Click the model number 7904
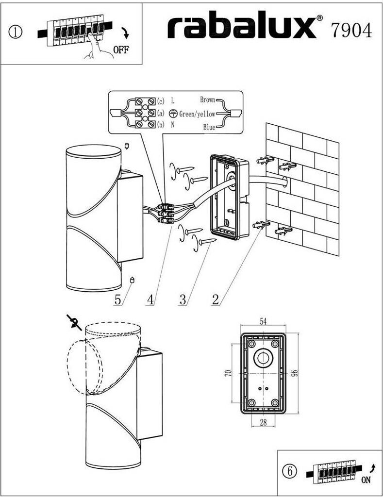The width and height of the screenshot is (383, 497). (x=352, y=30)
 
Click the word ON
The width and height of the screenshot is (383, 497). (x=366, y=480)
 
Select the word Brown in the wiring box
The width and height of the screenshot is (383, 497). (x=208, y=100)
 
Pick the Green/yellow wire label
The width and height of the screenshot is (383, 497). (x=197, y=114)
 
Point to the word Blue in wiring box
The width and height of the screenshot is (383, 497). (x=209, y=128)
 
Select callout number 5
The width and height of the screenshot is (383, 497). (x=117, y=299)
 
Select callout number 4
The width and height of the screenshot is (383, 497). (x=150, y=299)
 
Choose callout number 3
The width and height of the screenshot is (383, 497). (x=183, y=299)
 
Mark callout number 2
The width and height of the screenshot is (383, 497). (x=215, y=299)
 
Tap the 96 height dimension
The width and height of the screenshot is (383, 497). (x=294, y=373)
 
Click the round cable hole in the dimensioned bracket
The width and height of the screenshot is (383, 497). (x=264, y=358)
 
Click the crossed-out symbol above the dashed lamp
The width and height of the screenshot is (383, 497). (x=74, y=321)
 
